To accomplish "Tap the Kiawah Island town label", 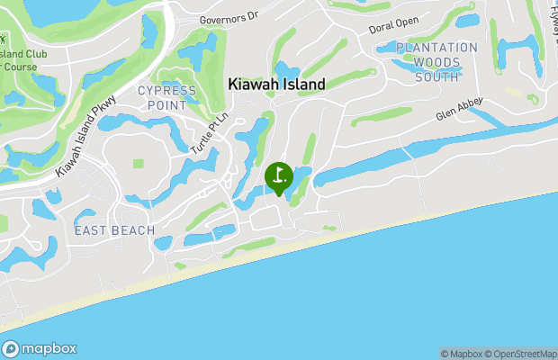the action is [276, 84].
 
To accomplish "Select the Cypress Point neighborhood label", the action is [166, 97].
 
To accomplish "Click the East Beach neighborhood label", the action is [111, 231].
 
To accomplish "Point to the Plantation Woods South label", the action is [437, 62].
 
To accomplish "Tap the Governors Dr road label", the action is [229, 16].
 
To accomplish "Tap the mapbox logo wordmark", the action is [49, 349].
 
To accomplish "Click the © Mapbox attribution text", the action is [462, 354].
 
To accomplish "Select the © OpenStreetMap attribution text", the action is [521, 354].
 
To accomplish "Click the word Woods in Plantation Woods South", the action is [437, 62].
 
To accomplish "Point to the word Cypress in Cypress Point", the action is [166, 91].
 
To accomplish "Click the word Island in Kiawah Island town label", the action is [301, 84].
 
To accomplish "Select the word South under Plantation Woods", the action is [437, 76].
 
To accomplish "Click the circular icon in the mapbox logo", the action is [12, 349].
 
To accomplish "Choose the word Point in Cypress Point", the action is [166, 104].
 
